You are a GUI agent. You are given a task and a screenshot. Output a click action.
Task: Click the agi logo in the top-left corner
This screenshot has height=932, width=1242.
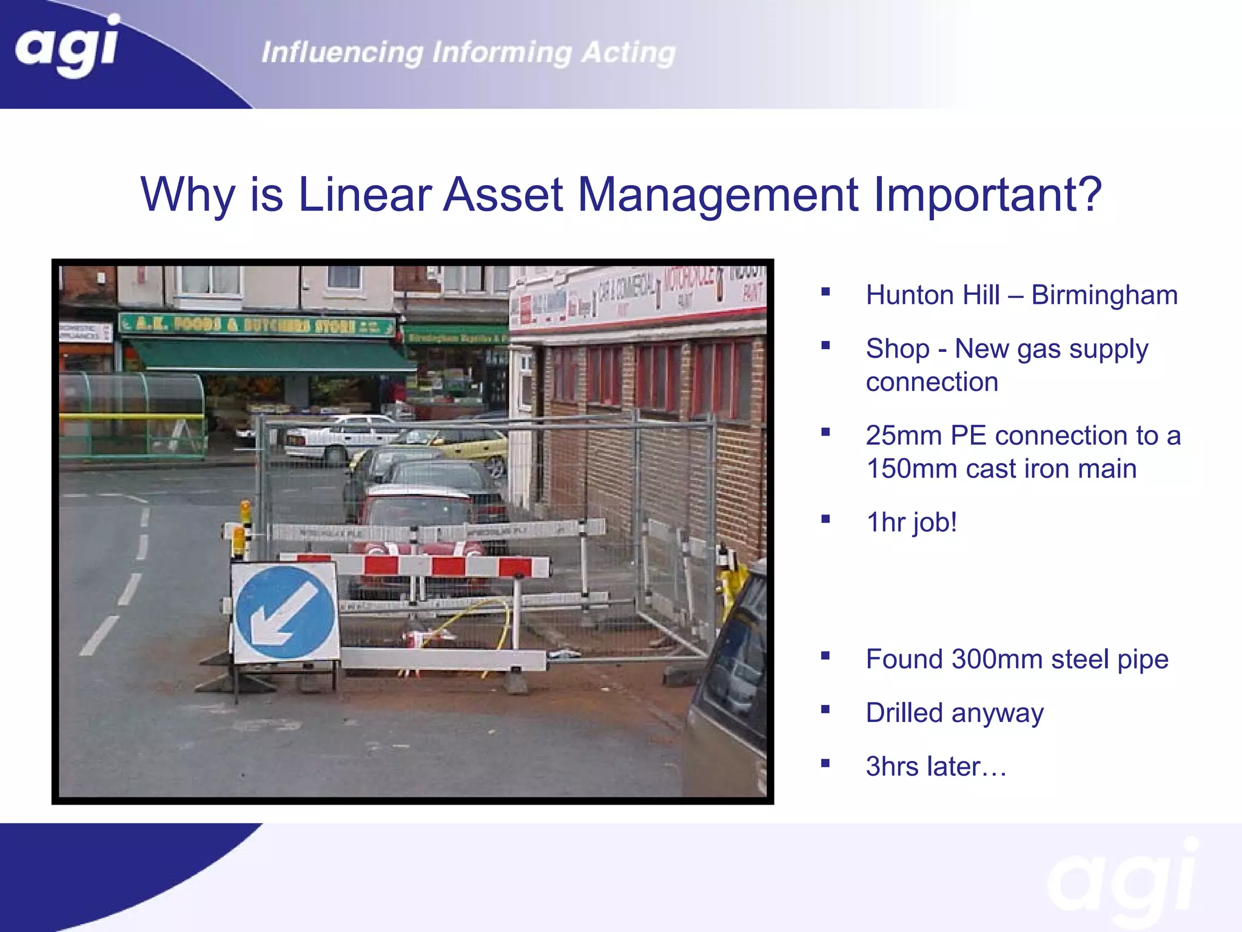[x=67, y=46]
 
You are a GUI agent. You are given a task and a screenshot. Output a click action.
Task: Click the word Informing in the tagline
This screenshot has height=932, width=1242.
[x=502, y=53]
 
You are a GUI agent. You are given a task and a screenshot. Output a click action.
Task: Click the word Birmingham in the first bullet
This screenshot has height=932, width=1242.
[x=1104, y=295]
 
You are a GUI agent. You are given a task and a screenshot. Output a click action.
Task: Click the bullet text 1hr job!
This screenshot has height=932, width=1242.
[x=911, y=522]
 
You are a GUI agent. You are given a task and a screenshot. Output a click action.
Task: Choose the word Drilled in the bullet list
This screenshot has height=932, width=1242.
[x=904, y=713]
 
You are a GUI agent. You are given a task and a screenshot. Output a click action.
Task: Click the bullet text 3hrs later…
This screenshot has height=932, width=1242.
[x=936, y=767]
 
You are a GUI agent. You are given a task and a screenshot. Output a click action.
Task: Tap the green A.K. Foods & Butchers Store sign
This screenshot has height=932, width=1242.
[x=258, y=325]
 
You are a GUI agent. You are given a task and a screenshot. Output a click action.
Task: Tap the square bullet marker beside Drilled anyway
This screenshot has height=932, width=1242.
[x=825, y=709]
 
